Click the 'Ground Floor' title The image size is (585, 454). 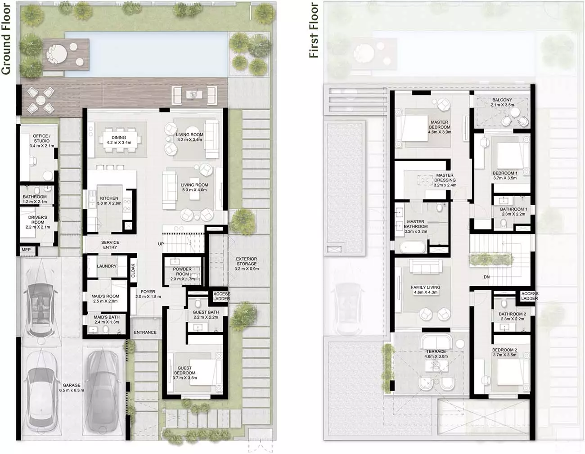tap(6, 39)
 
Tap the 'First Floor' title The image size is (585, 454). tap(314, 30)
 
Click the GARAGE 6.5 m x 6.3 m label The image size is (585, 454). tap(72, 387)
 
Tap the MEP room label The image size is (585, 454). tap(26, 250)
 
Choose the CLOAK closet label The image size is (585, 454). tap(133, 270)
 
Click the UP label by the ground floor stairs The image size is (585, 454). tap(161, 244)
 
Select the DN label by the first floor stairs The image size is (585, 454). tap(486, 277)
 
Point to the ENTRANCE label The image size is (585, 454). tap(145, 333)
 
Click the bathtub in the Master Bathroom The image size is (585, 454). tap(413, 247)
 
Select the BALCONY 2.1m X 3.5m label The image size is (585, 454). tap(502, 102)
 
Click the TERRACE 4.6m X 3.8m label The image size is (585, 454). tap(436, 354)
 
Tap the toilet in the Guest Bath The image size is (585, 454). tap(198, 304)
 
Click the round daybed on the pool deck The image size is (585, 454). tap(57, 54)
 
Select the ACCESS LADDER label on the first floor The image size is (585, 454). tap(530, 296)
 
